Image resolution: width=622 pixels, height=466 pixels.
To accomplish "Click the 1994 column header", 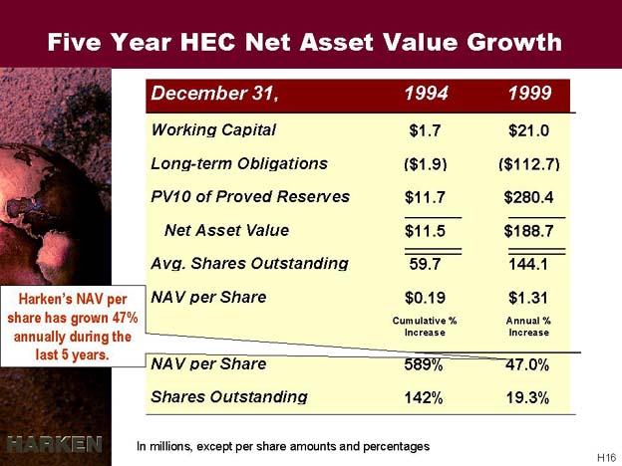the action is pyautogui.click(x=426, y=94).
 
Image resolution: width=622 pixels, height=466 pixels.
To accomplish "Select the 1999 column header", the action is pyautogui.click(x=529, y=94).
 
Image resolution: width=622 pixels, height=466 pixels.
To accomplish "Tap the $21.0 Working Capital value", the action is pyautogui.click(x=528, y=130).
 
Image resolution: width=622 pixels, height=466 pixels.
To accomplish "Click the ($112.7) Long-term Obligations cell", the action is pyautogui.click(x=529, y=163).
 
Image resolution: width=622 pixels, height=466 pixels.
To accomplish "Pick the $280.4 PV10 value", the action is pyautogui.click(x=528, y=197).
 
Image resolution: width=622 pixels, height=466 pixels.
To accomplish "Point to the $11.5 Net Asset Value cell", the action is pyautogui.click(x=425, y=231).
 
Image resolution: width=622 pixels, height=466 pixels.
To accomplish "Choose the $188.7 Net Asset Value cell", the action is pyautogui.click(x=528, y=231).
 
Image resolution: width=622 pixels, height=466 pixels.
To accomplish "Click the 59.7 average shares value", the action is pyautogui.click(x=425, y=264).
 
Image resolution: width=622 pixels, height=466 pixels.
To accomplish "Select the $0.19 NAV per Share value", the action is pyautogui.click(x=425, y=297).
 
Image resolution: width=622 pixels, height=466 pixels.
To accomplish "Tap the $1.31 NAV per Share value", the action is pyautogui.click(x=528, y=297).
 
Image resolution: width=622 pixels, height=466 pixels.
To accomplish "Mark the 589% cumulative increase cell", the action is pyautogui.click(x=424, y=364).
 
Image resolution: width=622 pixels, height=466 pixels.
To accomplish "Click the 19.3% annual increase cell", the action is pyautogui.click(x=527, y=397).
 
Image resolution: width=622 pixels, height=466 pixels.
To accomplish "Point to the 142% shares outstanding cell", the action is pyautogui.click(x=424, y=397).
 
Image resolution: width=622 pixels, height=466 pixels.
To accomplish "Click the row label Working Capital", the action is pyautogui.click(x=213, y=130).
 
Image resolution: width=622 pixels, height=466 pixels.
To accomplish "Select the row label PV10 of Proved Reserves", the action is pyautogui.click(x=250, y=196).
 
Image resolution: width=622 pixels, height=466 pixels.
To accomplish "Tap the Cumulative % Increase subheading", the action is pyautogui.click(x=425, y=327).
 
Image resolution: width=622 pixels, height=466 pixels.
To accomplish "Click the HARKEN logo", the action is pyautogui.click(x=55, y=444).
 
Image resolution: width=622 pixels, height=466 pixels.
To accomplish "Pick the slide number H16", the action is pyautogui.click(x=606, y=457).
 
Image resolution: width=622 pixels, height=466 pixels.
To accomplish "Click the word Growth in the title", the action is pyautogui.click(x=514, y=43).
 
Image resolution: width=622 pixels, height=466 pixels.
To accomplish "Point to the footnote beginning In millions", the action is pyautogui.click(x=283, y=446).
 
